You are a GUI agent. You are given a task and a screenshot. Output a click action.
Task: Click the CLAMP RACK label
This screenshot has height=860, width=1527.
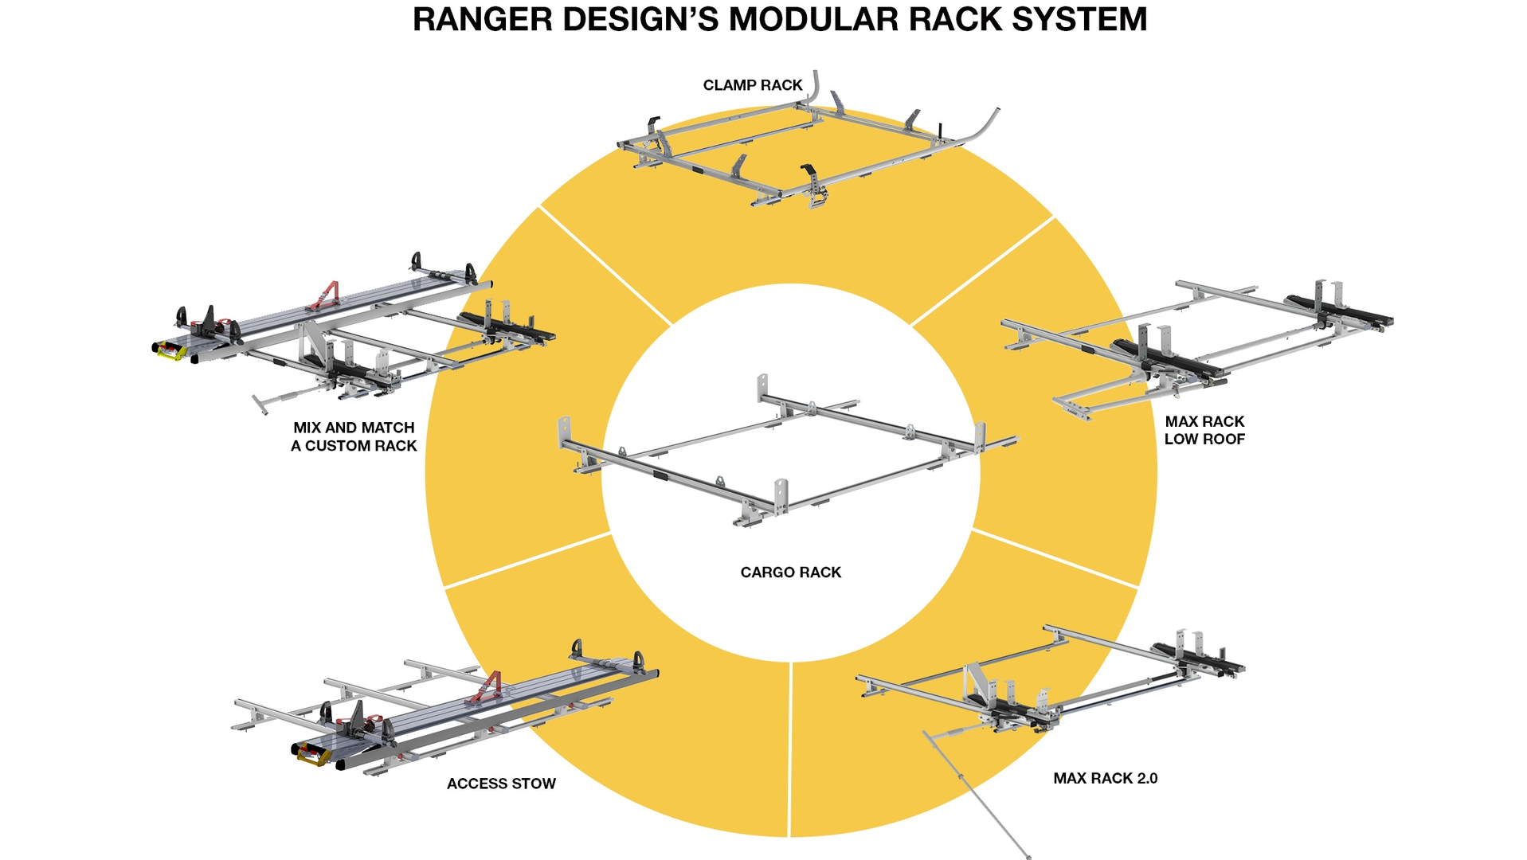point(752,85)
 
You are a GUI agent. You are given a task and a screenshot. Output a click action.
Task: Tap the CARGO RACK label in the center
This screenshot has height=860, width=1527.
point(790,572)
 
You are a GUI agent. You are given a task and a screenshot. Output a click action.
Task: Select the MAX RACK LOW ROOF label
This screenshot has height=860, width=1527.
point(1204,430)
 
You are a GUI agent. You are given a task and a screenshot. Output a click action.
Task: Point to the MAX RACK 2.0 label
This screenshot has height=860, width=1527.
point(1105,778)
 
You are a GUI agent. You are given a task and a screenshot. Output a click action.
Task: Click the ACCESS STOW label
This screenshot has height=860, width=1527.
point(501,784)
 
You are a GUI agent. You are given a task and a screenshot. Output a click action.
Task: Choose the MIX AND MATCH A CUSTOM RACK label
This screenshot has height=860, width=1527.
point(354,436)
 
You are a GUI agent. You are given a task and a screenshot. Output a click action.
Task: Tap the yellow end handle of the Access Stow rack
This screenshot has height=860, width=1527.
point(312,754)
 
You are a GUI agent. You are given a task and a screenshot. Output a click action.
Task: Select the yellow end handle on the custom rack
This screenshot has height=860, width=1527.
point(170,350)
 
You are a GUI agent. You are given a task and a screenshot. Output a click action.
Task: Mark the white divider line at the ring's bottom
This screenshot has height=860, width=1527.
point(789,749)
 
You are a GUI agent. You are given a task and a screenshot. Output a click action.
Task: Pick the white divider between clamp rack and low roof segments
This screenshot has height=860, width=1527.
point(981,272)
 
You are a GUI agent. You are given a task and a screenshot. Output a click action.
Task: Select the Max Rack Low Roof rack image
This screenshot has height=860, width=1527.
point(1195,342)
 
